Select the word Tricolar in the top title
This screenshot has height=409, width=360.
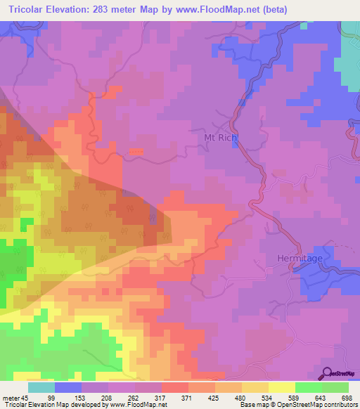pos(31,9)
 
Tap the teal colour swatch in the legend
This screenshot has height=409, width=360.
pos(41,387)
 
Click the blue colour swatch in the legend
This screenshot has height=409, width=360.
pos(68,387)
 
